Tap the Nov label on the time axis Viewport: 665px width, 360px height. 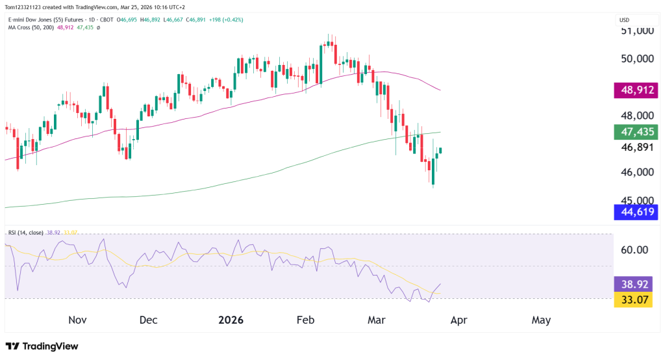click(x=77, y=320)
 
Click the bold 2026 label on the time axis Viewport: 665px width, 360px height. click(x=231, y=320)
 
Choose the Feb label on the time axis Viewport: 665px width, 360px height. click(x=305, y=320)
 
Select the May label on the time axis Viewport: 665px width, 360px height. click(x=541, y=320)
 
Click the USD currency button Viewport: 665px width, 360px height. click(x=624, y=19)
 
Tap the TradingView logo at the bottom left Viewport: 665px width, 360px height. click(x=42, y=346)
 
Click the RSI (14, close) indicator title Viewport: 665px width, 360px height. click(x=26, y=232)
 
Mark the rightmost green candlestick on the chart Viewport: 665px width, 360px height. click(x=441, y=150)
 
